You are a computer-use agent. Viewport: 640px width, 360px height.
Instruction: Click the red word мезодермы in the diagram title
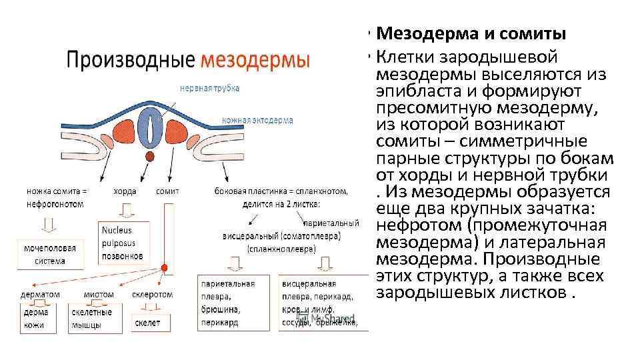(254, 60)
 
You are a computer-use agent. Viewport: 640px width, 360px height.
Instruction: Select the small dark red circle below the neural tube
(151, 157)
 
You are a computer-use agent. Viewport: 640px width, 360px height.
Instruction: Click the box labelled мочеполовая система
(50, 254)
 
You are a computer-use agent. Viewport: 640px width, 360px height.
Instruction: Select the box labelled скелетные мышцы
(94, 318)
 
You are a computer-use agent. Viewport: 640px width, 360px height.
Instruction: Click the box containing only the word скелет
(151, 323)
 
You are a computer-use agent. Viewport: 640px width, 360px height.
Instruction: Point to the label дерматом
(40, 294)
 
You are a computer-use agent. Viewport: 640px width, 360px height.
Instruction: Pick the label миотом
(99, 294)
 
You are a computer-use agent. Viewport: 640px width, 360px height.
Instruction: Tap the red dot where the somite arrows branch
(164, 269)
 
